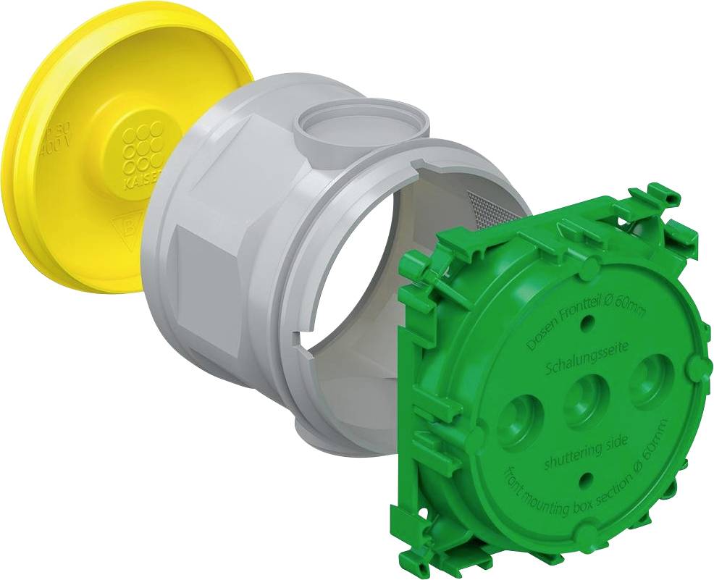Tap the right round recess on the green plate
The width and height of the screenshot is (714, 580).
tap(650, 380)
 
